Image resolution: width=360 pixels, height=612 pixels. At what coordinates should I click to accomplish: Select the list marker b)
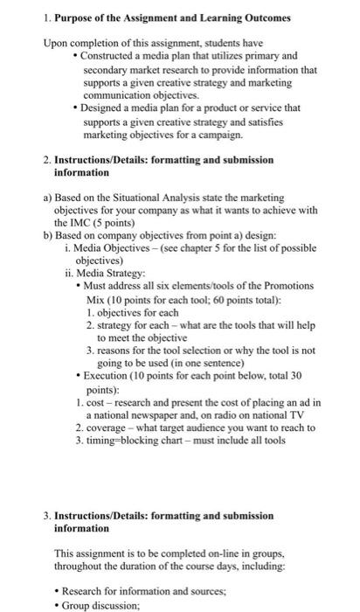click(x=48, y=235)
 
